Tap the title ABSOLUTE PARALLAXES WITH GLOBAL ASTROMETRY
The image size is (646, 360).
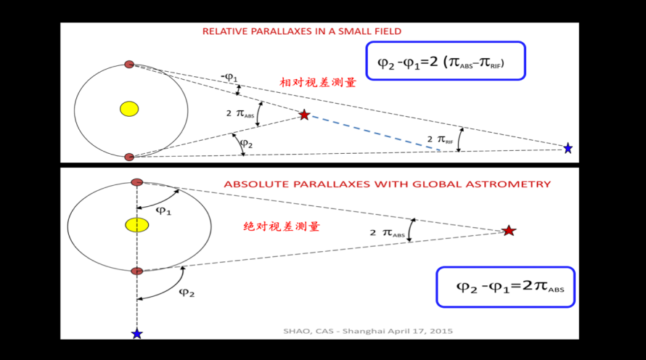[387, 184]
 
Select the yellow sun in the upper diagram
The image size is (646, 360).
[129, 109]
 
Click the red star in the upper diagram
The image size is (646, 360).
[304, 115]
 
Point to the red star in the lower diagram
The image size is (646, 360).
[509, 231]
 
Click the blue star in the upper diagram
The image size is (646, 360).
[568, 148]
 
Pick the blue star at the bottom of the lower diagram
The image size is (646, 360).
[136, 333]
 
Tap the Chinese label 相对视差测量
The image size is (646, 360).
[318, 83]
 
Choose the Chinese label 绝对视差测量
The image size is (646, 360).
[281, 226]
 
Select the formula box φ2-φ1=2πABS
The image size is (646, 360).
[505, 286]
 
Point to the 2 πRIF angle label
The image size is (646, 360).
[440, 138]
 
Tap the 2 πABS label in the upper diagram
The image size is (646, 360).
[240, 114]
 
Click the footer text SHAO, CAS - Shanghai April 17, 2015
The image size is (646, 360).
[368, 331]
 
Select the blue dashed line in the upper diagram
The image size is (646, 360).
[375, 133]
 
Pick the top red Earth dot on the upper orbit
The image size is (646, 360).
[129, 65]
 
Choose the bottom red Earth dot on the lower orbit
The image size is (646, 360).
[136, 271]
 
